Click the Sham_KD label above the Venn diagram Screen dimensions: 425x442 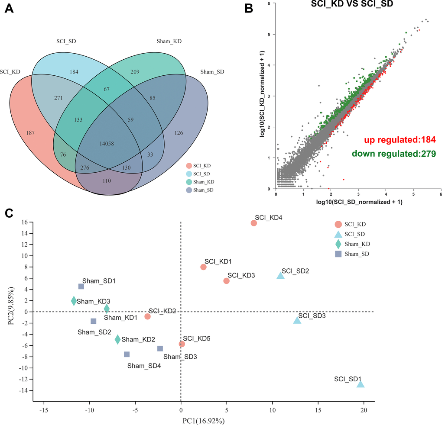click(169, 41)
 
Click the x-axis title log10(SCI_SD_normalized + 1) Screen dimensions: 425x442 click(358, 202)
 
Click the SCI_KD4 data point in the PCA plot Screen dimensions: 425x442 click(254, 223)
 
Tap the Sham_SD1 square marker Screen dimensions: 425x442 click(81, 287)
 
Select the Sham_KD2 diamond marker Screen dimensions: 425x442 click(117, 340)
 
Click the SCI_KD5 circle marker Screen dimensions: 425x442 click(182, 344)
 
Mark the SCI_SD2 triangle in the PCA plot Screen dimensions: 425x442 click(281, 276)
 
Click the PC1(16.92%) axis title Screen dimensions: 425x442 click(203, 419)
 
